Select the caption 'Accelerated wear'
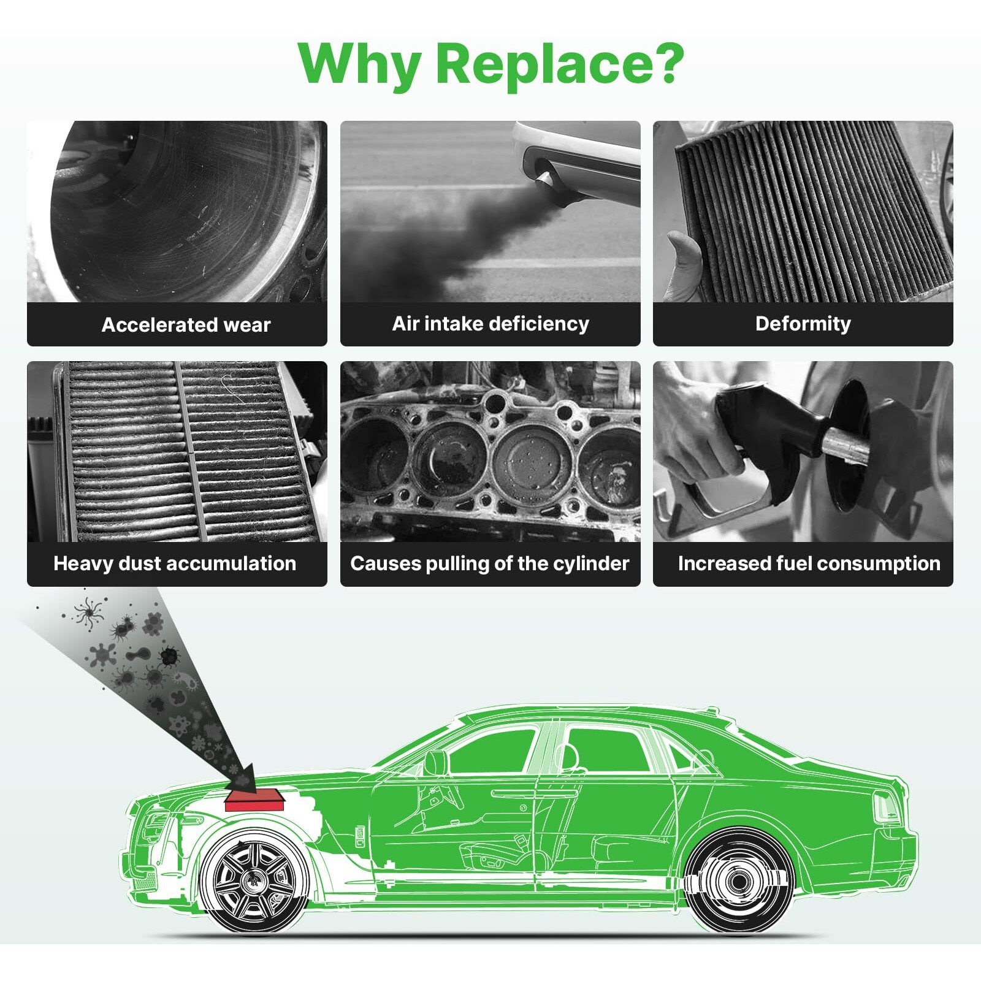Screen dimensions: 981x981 [186, 324]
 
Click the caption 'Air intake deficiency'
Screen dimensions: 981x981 [490, 323]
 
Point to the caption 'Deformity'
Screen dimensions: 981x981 [803, 323]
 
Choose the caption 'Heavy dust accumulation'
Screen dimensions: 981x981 [175, 563]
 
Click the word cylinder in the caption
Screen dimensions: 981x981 [591, 563]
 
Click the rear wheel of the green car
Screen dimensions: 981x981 [738, 881]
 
